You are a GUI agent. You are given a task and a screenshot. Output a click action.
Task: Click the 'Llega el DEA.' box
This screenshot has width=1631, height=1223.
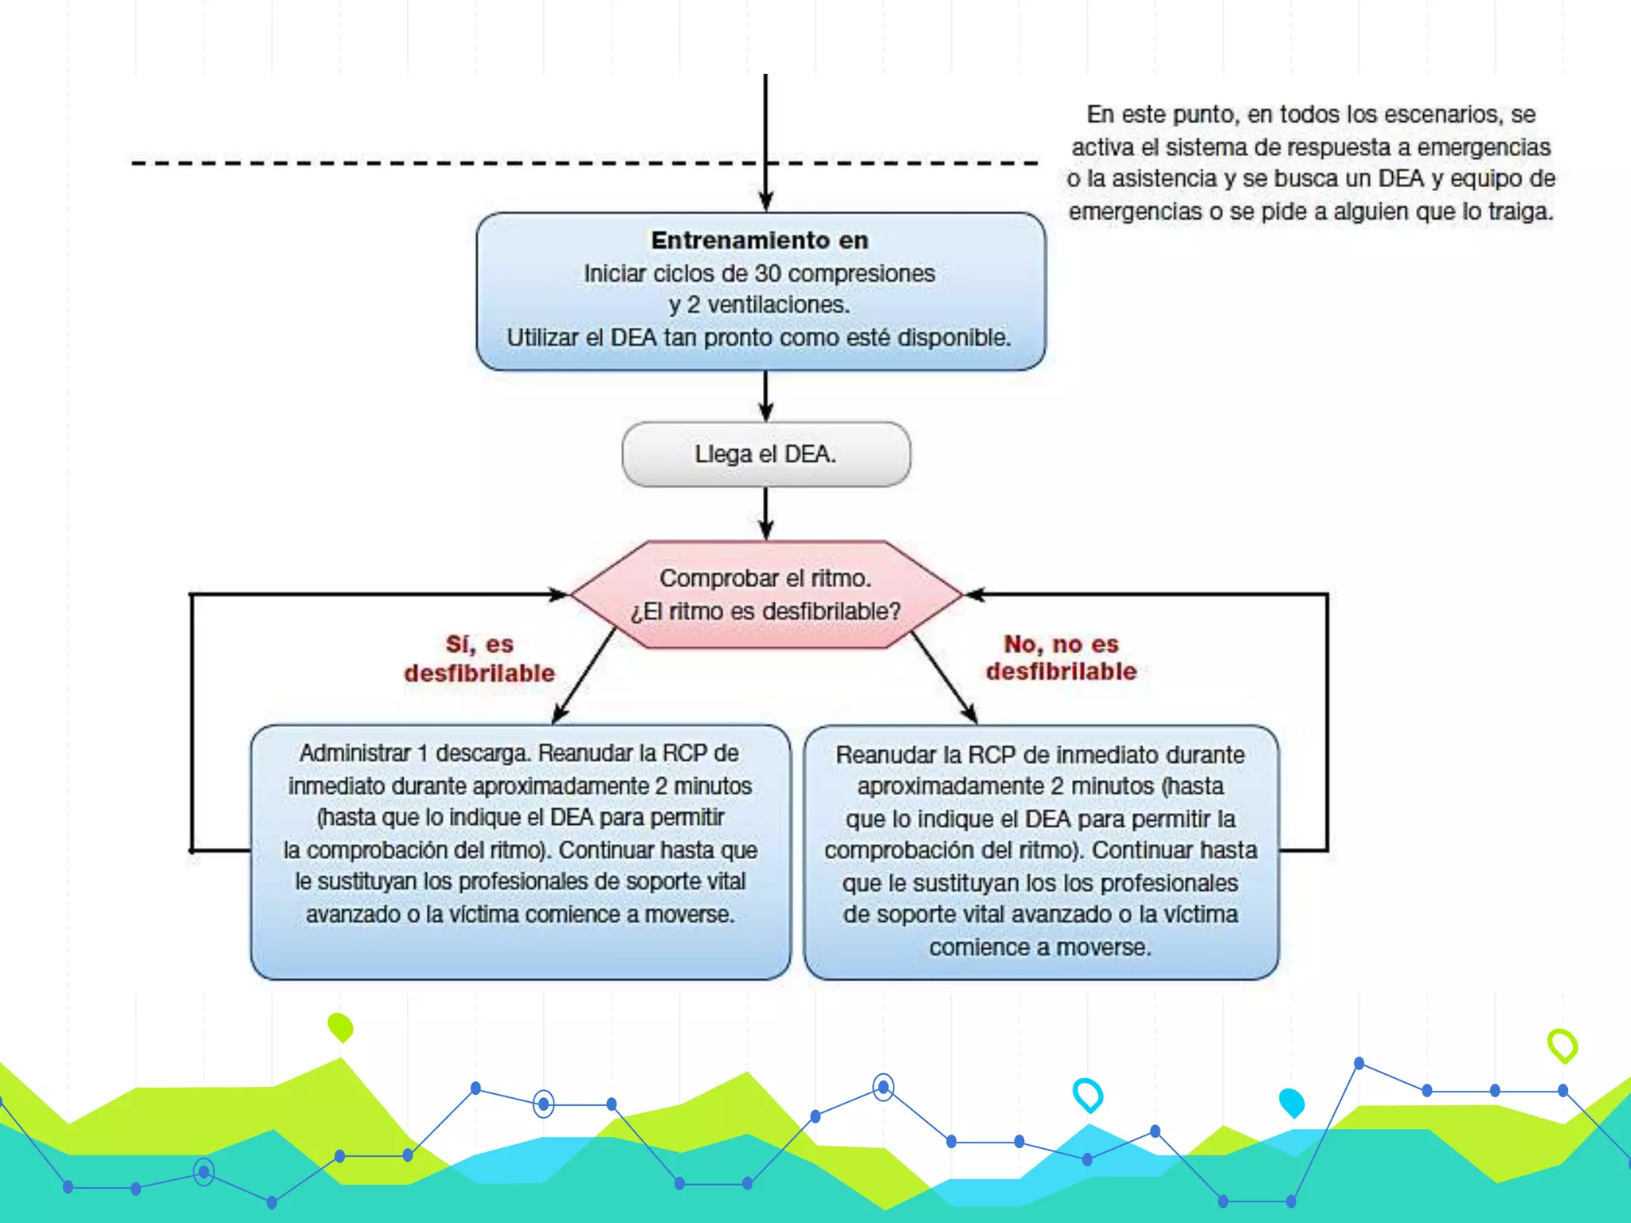click(766, 454)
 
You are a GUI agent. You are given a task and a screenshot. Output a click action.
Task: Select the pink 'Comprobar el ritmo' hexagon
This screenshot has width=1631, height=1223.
click(766, 594)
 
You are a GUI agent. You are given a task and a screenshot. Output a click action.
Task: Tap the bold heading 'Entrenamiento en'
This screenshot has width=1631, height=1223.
click(760, 240)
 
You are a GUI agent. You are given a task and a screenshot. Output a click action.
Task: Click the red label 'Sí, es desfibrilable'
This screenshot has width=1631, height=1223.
click(479, 658)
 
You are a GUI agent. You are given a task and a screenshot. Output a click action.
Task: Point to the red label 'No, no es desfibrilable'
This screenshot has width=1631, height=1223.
click(1062, 657)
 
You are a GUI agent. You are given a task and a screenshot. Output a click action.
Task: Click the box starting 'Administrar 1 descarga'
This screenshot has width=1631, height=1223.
click(521, 851)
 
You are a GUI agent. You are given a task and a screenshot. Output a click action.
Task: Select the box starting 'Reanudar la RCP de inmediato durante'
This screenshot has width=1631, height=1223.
click(1041, 852)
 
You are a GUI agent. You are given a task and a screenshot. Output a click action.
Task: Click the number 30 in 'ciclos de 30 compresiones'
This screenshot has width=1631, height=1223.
click(768, 273)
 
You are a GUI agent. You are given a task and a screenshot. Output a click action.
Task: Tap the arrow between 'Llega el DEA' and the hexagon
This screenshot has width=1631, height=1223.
click(766, 514)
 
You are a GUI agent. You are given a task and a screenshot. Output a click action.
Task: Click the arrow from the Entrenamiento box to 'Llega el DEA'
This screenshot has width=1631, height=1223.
click(766, 397)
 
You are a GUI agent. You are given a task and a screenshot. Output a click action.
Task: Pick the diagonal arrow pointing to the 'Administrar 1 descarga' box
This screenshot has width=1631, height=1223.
click(584, 676)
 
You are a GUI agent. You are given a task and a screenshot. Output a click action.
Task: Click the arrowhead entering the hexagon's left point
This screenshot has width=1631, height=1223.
click(557, 594)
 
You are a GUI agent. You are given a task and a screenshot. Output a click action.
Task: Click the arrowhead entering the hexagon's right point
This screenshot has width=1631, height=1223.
click(975, 594)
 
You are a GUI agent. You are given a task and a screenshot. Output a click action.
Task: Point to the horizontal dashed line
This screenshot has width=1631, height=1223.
click(585, 163)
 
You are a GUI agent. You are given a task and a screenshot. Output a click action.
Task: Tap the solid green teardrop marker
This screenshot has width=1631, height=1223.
click(341, 1027)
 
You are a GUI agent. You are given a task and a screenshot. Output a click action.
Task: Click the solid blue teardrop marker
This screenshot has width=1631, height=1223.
click(1292, 1103)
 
